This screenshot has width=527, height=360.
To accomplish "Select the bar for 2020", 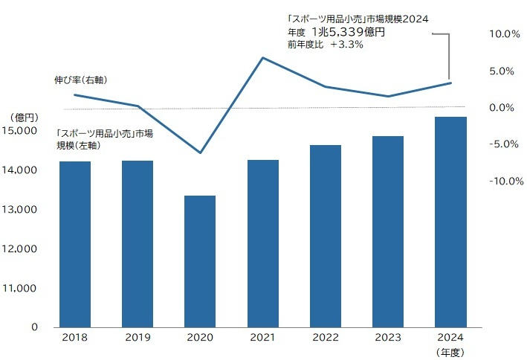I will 200,261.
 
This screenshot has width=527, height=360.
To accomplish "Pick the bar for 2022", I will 326,236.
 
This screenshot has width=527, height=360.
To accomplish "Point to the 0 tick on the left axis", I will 34,327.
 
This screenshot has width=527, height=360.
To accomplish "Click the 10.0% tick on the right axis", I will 503,34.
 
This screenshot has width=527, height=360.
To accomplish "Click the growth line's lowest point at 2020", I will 200,152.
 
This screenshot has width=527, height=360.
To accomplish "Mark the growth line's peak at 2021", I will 262,57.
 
